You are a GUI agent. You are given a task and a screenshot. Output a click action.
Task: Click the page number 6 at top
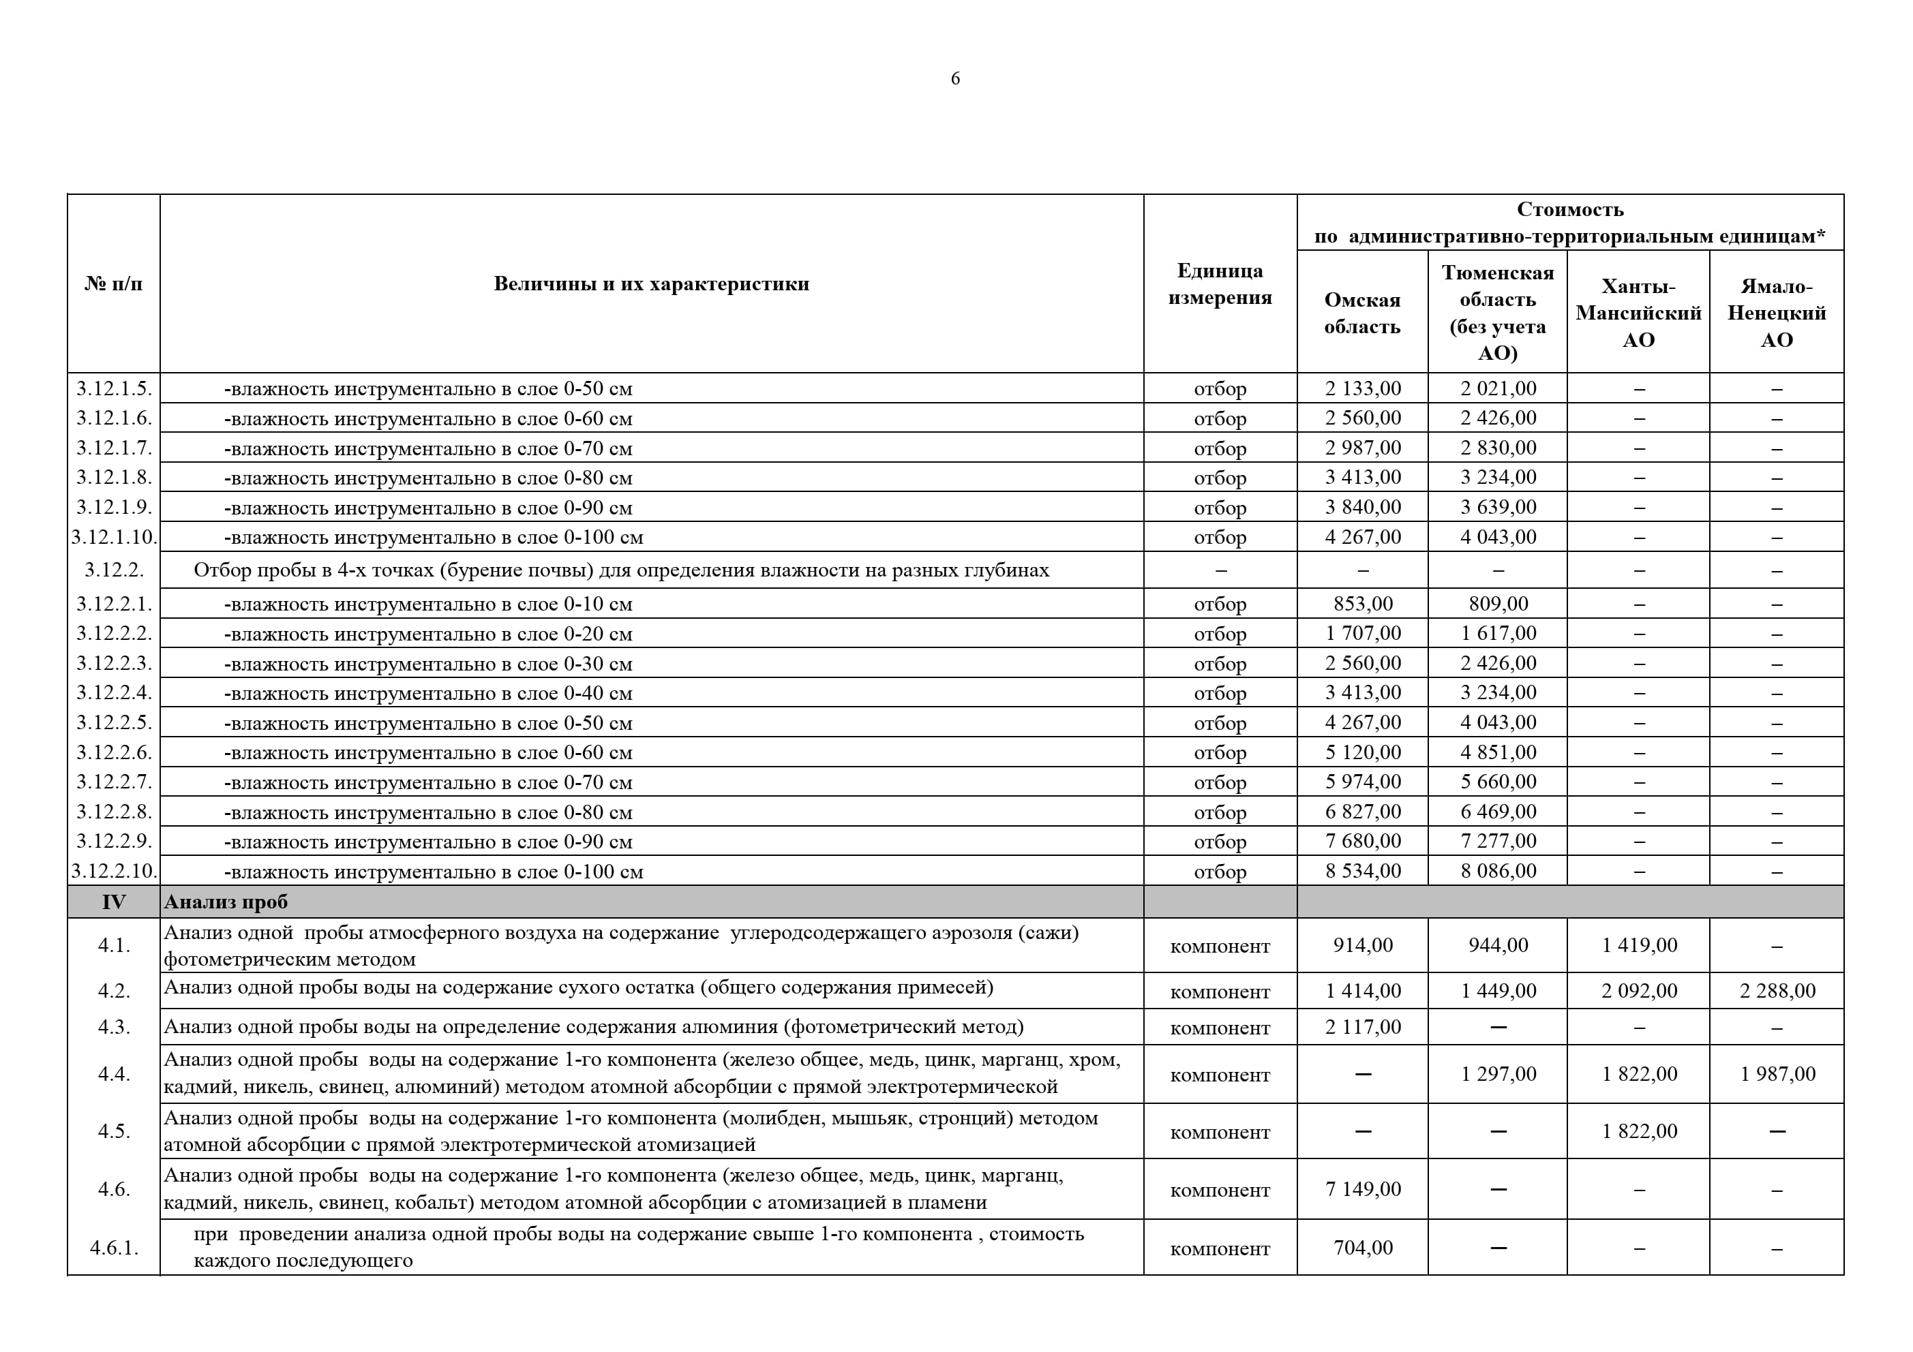point(955,78)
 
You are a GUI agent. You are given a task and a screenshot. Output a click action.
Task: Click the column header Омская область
point(1361,313)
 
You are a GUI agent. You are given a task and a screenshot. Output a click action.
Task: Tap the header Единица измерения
point(1219,284)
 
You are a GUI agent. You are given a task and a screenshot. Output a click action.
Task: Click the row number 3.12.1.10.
point(114,537)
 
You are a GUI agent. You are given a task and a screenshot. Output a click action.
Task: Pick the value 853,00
point(1362,604)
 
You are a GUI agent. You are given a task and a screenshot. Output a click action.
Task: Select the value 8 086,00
point(1497,872)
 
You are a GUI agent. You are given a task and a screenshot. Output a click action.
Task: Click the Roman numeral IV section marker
point(113,902)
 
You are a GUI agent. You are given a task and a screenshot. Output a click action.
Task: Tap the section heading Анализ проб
point(226,902)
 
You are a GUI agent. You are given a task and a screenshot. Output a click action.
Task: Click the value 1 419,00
point(1638,945)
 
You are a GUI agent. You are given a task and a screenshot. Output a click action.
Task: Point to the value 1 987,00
point(1777,1075)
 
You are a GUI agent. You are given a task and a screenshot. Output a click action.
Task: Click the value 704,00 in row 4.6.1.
point(1362,1248)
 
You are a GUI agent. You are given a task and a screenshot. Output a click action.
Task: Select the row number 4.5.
point(114,1131)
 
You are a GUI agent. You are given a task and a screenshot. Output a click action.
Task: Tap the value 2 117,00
point(1362,1027)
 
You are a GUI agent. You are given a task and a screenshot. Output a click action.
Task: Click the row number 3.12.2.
point(114,570)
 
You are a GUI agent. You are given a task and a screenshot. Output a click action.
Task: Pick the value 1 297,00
point(1497,1075)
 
